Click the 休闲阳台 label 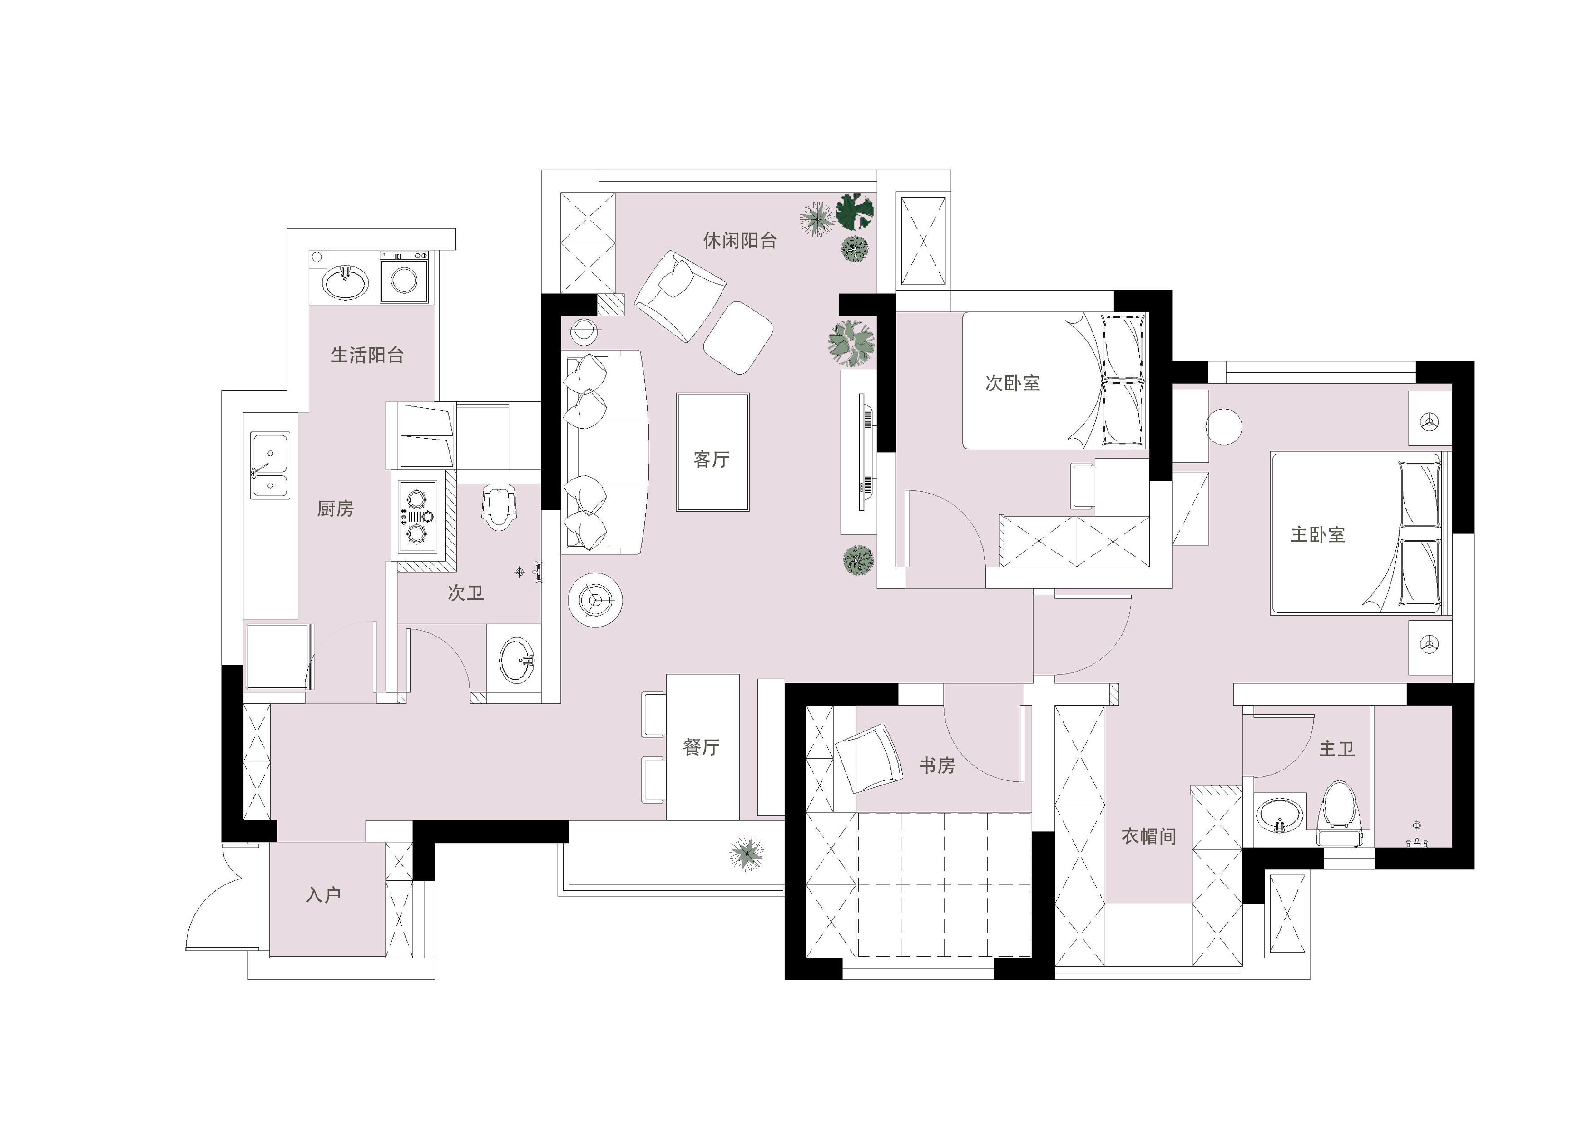point(740,241)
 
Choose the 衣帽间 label point(1149,836)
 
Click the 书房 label point(937,765)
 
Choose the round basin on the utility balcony point(346,281)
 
